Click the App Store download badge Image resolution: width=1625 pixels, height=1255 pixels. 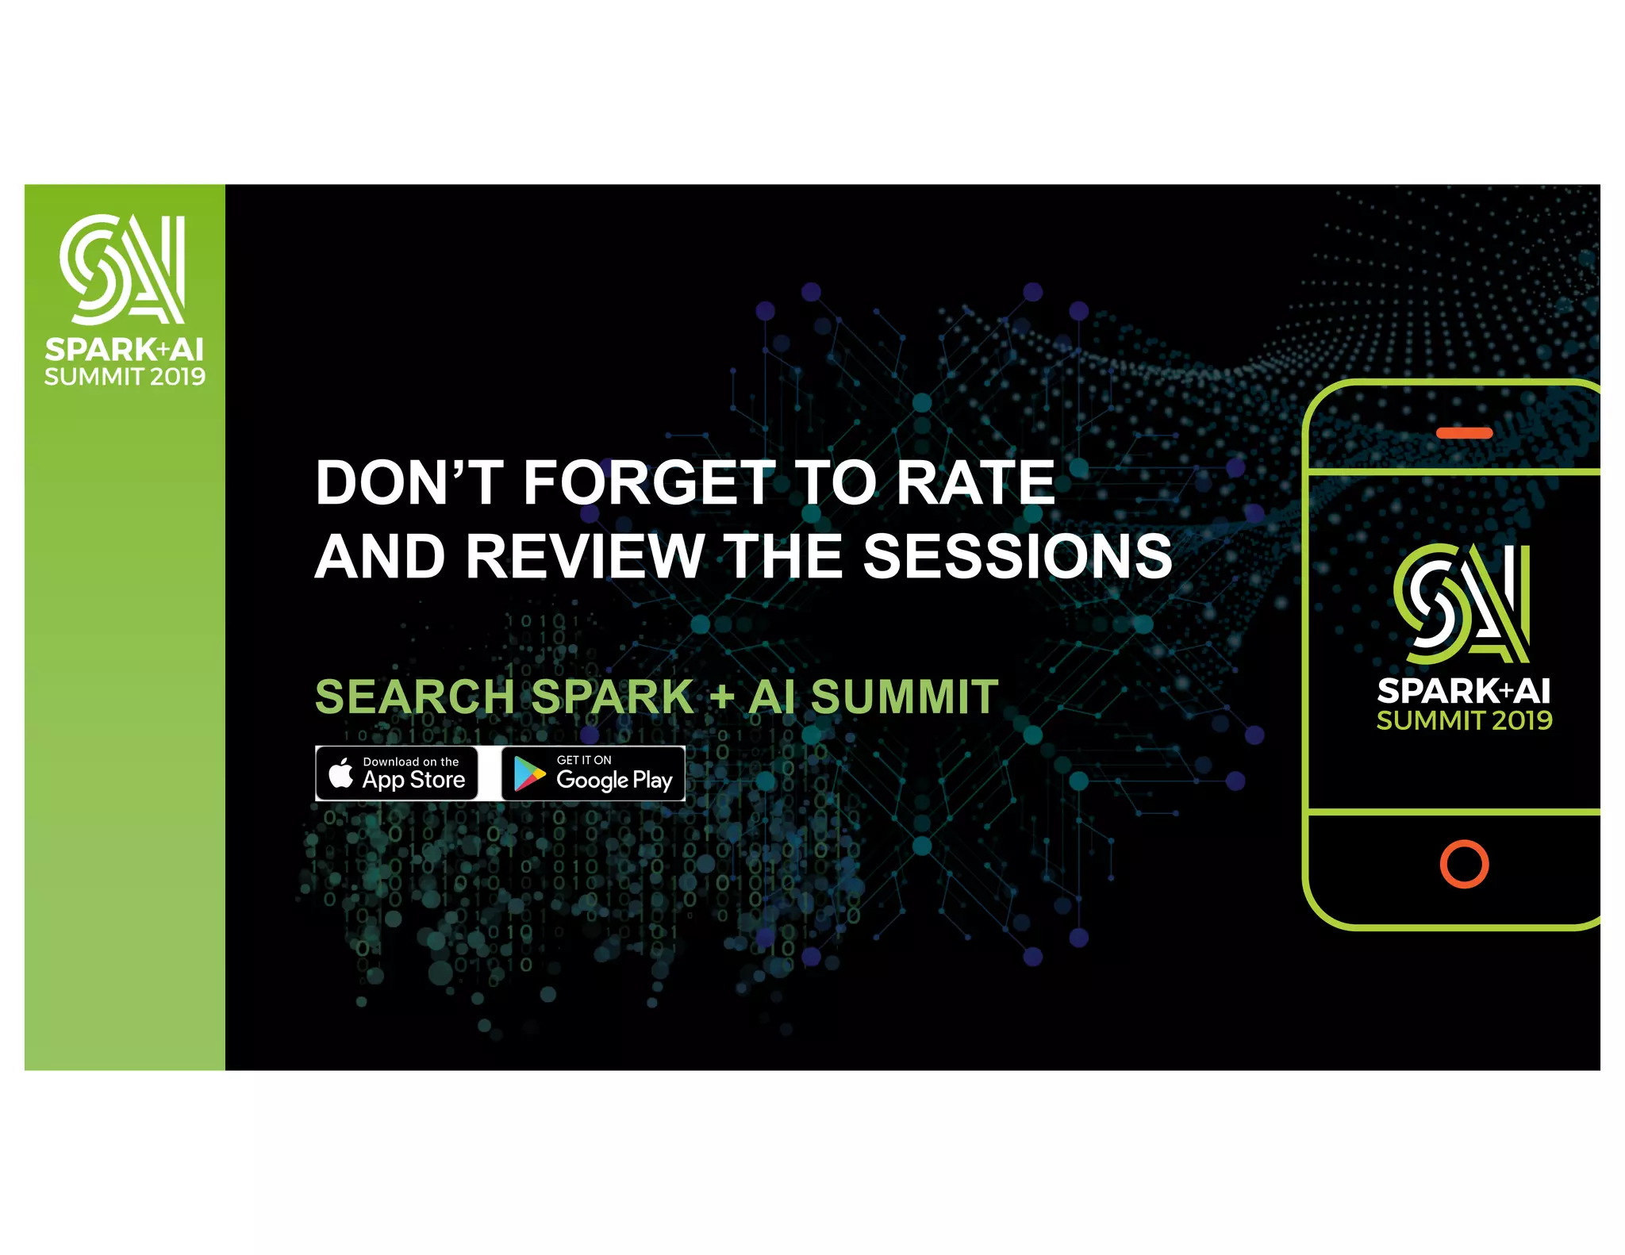point(397,773)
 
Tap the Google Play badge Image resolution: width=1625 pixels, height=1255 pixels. point(593,773)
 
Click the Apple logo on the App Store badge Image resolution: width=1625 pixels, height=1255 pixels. point(341,773)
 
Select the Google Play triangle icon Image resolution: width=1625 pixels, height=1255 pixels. point(528,773)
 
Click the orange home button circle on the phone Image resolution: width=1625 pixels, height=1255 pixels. point(1464,864)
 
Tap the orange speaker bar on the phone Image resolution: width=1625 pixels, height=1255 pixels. point(1464,433)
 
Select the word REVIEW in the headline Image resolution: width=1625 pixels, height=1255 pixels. point(585,556)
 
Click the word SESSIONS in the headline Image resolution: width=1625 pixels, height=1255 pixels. point(1017,556)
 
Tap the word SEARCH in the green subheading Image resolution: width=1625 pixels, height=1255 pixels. point(415,697)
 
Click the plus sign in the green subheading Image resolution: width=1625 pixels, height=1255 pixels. point(721,698)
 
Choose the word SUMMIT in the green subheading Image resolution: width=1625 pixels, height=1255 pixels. point(905,697)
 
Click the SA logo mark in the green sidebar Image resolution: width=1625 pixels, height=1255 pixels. point(123,269)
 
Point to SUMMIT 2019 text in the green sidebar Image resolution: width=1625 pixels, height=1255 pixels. point(125,377)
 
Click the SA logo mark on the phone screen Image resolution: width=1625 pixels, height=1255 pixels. point(1462,603)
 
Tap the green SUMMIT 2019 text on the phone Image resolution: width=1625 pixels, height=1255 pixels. point(1464,720)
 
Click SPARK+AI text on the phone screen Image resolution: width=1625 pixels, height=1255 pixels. point(1464,691)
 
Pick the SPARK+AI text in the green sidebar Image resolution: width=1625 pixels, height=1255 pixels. point(125,349)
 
